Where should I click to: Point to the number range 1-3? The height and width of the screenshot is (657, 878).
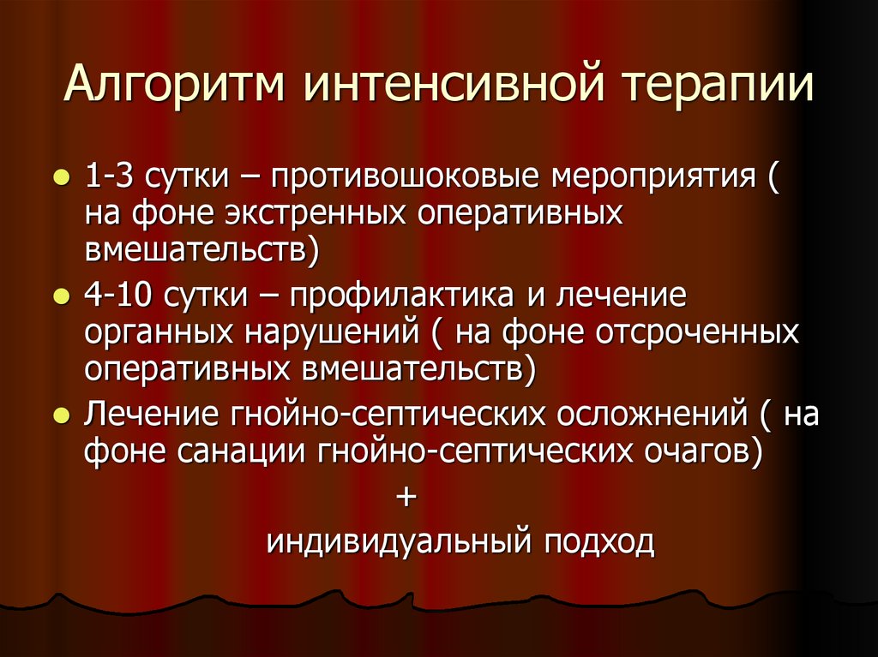point(107,179)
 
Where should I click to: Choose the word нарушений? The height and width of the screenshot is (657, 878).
point(334,333)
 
